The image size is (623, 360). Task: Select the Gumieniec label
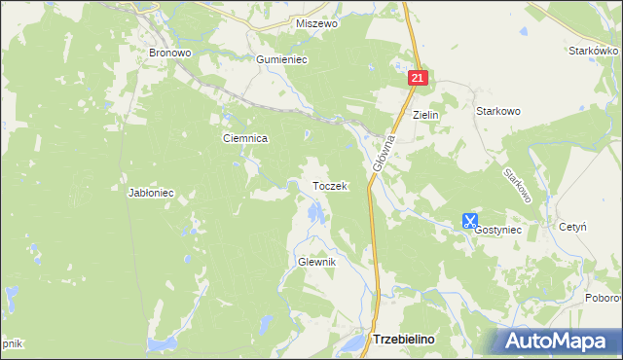tap(281, 59)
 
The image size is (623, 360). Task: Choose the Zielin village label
tap(426, 115)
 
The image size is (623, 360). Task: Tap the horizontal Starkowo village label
tap(497, 111)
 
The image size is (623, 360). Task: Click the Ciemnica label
tap(245, 139)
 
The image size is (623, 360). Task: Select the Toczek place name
tap(329, 185)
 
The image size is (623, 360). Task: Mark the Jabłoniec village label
tap(151, 193)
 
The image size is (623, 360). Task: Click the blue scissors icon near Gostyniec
tap(470, 222)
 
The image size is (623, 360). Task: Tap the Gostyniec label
tap(498, 230)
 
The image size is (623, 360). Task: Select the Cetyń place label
tap(572, 226)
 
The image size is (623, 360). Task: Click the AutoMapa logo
tap(559, 342)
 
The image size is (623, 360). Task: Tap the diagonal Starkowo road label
tap(518, 184)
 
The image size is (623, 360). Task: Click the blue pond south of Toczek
tap(313, 213)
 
